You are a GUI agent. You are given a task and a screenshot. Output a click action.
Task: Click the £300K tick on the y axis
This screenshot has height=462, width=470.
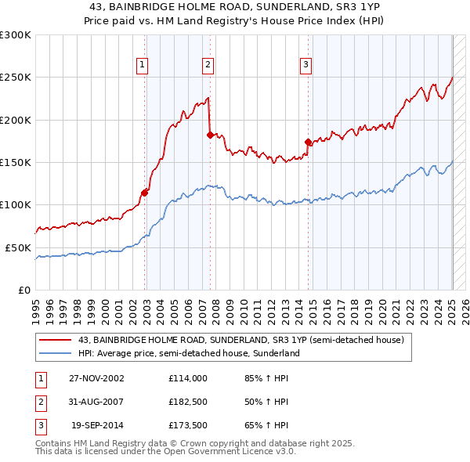(x=16, y=35)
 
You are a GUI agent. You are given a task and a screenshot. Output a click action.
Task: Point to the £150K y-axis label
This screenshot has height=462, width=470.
(x=16, y=162)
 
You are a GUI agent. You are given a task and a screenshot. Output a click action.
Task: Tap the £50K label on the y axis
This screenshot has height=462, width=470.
(x=18, y=247)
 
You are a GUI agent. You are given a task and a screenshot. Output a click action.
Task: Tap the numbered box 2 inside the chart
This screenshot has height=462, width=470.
(x=208, y=65)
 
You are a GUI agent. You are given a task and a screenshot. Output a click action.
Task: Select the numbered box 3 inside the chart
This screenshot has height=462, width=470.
(x=305, y=65)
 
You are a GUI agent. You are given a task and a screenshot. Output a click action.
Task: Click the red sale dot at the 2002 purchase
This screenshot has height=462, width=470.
(x=145, y=193)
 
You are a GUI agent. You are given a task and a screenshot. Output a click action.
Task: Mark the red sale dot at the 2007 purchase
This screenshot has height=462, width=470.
(x=210, y=135)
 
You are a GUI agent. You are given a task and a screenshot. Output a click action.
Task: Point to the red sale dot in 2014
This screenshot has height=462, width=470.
(x=309, y=143)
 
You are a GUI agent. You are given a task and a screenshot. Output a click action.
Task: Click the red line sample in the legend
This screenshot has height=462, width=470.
(x=56, y=340)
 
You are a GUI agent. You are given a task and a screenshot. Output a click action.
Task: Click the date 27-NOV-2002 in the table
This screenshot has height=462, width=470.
(x=98, y=377)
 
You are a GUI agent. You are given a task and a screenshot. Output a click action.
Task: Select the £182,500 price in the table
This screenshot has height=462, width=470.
(x=187, y=402)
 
